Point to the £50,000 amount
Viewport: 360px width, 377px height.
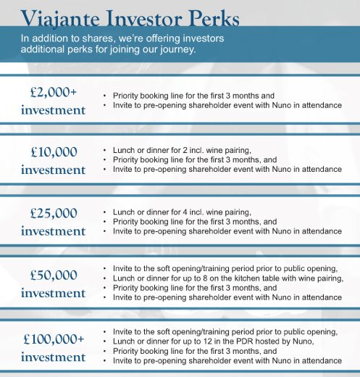pyautogui.click(x=53, y=275)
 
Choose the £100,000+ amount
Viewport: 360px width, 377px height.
pyautogui.click(x=53, y=339)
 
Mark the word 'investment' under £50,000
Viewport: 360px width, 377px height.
pyautogui.click(x=53, y=294)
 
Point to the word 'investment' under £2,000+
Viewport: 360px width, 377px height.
pyautogui.click(x=53, y=110)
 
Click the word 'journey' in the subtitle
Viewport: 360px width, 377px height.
pyautogui.click(x=177, y=50)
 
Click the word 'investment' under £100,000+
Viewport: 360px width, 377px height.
pyautogui.click(x=53, y=357)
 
